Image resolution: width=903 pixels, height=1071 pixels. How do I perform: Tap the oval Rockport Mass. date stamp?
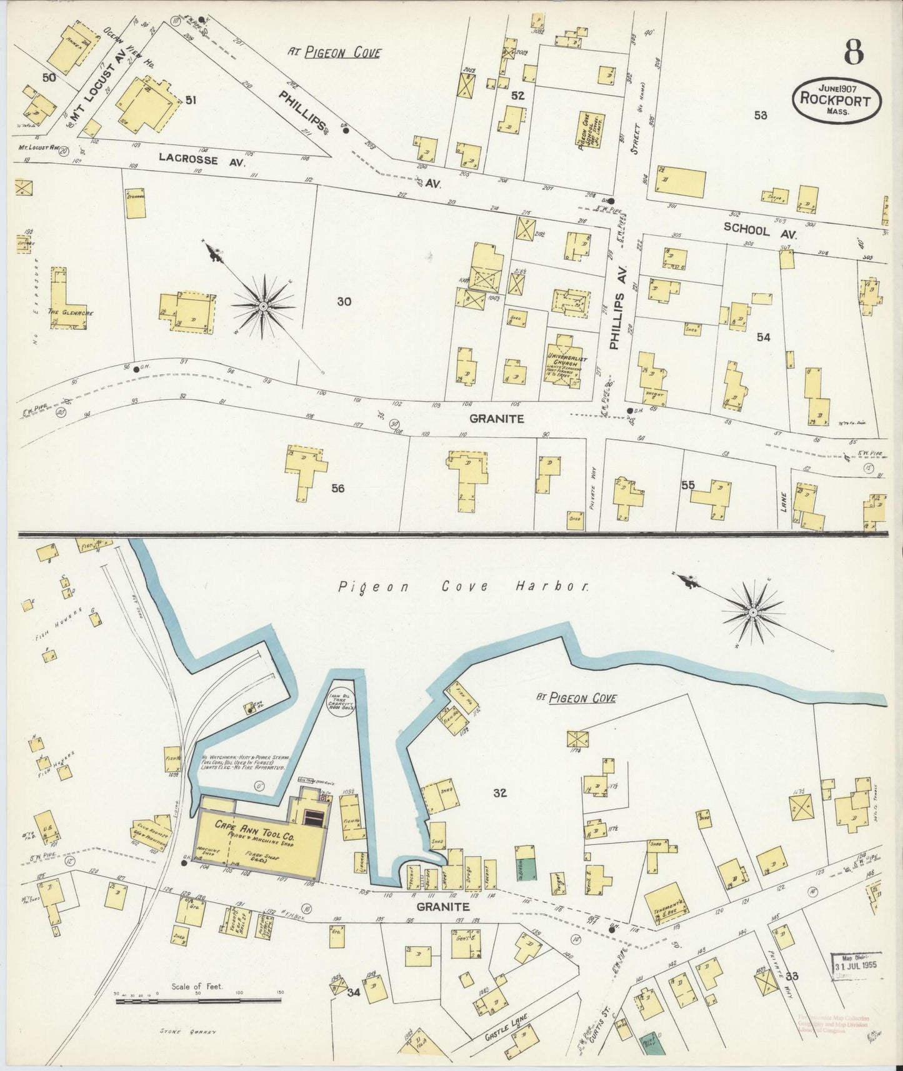coord(837,100)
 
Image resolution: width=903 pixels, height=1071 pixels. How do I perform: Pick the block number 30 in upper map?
coord(344,302)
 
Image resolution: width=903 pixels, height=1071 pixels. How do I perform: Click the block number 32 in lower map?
coord(499,794)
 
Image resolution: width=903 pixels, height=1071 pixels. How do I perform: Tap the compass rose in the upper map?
coord(264,306)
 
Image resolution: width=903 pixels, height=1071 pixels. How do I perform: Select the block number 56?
coord(338,488)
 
